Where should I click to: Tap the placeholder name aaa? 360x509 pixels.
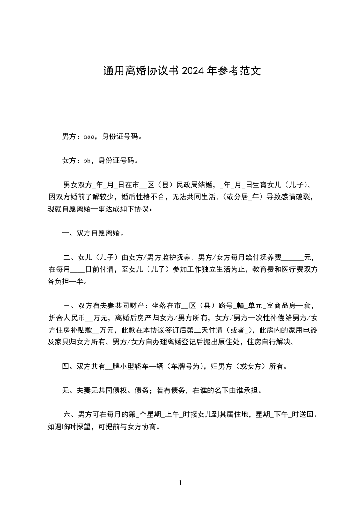88,136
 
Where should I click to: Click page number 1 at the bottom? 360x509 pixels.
180,483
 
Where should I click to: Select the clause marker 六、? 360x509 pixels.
70,414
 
